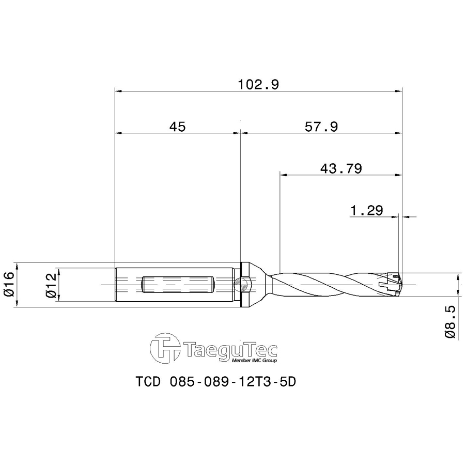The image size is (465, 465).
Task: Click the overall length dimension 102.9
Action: click(x=258, y=85)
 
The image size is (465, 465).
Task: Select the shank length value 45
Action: click(x=177, y=127)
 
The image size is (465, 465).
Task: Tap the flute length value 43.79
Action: click(x=340, y=168)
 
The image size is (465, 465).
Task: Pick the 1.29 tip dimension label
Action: click(x=366, y=210)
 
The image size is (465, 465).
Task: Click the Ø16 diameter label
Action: click(x=8, y=285)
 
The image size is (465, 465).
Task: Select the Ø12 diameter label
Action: click(x=50, y=285)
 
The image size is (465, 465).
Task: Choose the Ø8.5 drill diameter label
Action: click(x=450, y=321)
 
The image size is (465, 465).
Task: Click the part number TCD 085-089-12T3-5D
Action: click(x=218, y=382)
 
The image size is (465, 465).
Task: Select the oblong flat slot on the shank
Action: click(x=178, y=285)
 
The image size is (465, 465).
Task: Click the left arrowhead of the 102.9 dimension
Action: click(x=117, y=91)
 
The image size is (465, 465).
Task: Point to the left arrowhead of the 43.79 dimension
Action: click(x=283, y=175)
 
